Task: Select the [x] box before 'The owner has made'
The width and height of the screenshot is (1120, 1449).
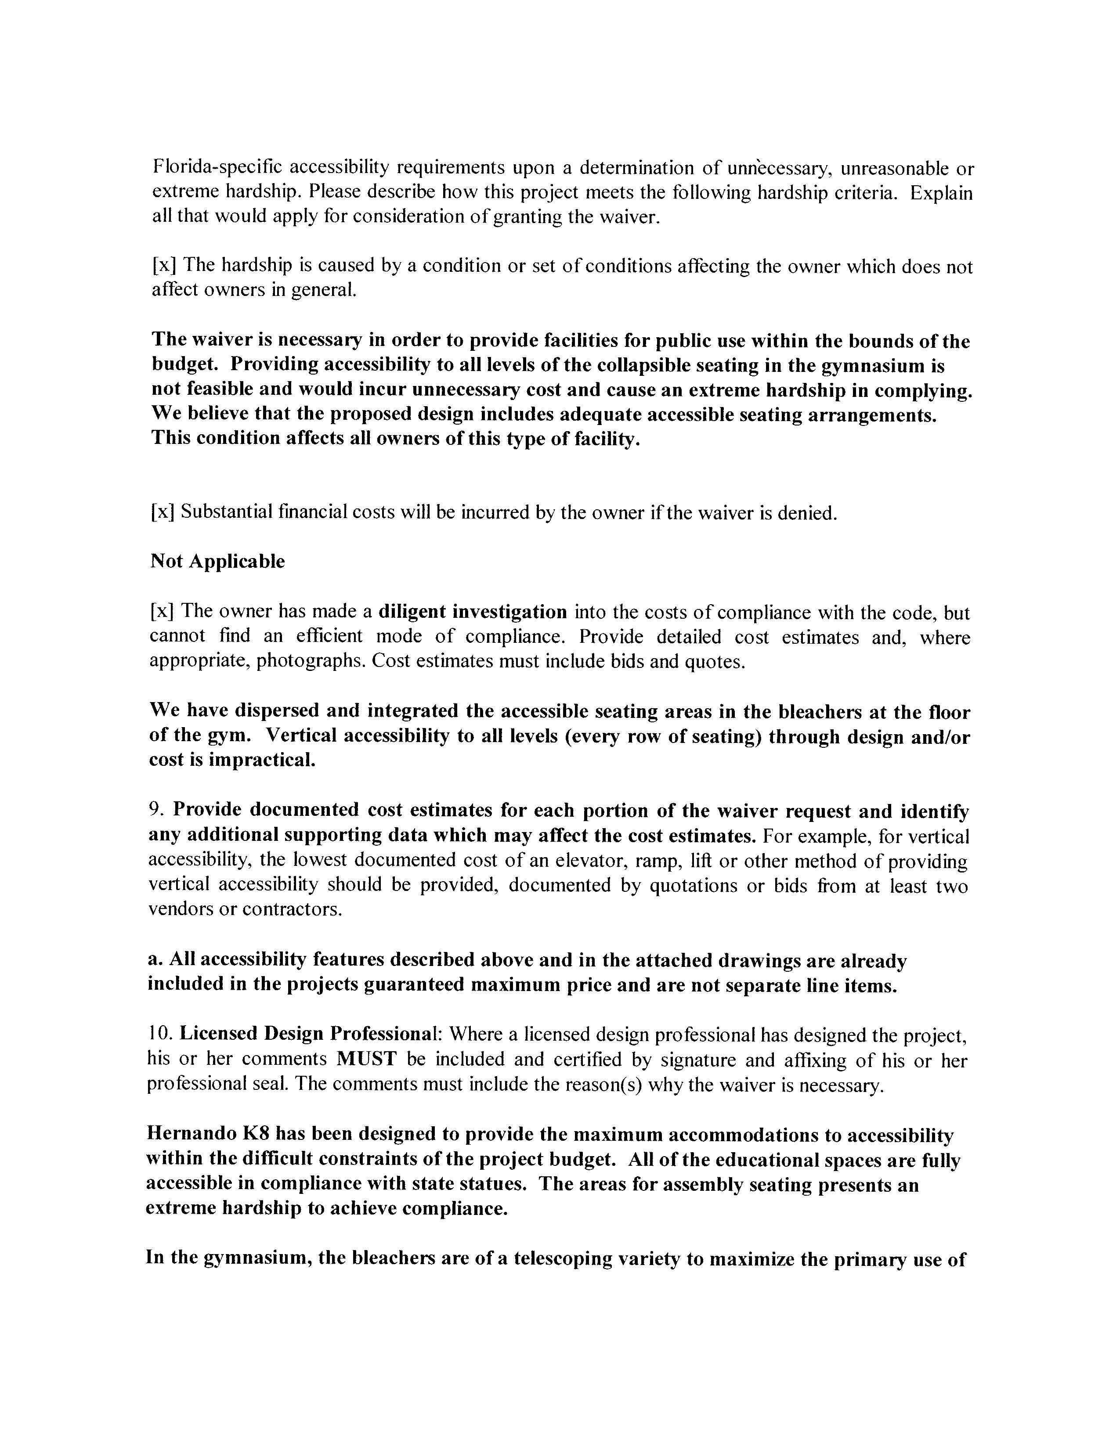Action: (161, 611)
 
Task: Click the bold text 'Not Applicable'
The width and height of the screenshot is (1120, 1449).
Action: (217, 561)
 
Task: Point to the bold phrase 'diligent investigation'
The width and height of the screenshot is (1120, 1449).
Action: (473, 611)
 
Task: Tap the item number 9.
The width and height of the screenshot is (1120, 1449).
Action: (155, 810)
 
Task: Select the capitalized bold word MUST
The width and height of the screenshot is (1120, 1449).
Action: (366, 1059)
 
